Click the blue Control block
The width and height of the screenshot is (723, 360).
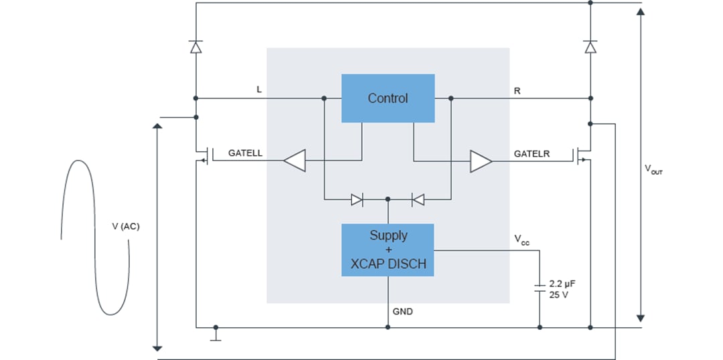[388, 98]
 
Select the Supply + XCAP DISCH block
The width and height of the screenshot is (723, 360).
[388, 250]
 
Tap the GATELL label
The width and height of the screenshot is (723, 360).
[245, 153]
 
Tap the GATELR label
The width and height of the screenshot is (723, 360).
[532, 154]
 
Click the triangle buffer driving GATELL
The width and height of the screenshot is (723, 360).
[294, 161]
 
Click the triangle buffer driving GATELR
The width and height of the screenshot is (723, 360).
[481, 161]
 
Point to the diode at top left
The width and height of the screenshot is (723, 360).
[195, 47]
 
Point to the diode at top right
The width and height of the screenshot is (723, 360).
[590, 47]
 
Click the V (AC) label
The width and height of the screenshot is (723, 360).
[126, 226]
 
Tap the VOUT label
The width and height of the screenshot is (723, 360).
[653, 170]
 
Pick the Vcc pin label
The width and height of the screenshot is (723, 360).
[521, 240]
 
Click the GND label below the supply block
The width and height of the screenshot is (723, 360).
[402, 311]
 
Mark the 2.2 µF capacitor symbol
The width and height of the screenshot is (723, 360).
[540, 288]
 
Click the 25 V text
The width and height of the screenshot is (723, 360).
[558, 294]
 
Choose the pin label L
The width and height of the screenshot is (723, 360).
[259, 89]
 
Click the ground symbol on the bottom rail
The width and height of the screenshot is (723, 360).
[215, 335]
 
